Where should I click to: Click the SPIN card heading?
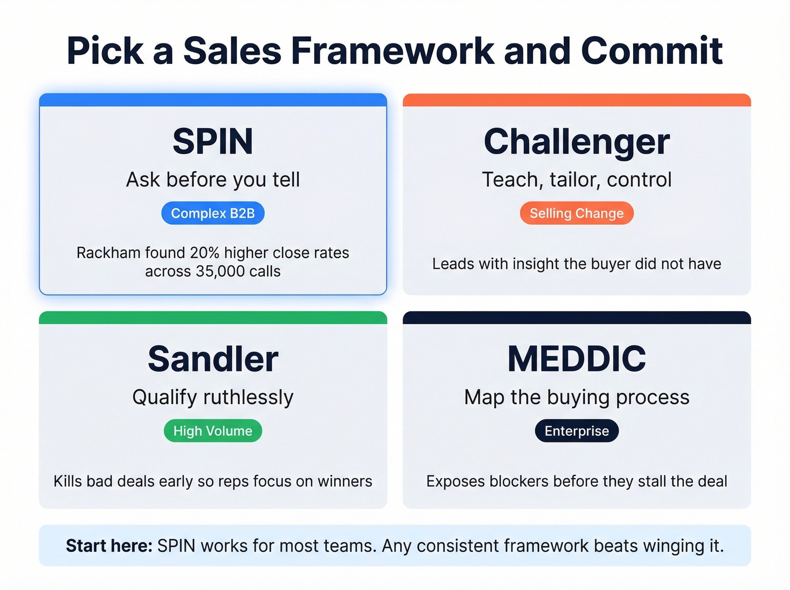213,141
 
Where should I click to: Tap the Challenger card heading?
577,141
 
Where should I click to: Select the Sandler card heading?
213,359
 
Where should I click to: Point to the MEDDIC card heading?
577,359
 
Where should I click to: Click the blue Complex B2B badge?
213,213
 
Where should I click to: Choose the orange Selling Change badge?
577,213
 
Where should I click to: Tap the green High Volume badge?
213,431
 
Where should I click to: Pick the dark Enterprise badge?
577,431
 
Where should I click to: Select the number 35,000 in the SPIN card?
220,272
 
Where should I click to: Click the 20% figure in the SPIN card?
204,252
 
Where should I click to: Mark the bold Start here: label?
109,546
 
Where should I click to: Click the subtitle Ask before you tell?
213,180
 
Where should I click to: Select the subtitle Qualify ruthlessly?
213,397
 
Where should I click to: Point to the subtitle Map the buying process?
577,397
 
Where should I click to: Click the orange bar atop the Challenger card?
577,100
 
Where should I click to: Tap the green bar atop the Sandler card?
213,318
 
